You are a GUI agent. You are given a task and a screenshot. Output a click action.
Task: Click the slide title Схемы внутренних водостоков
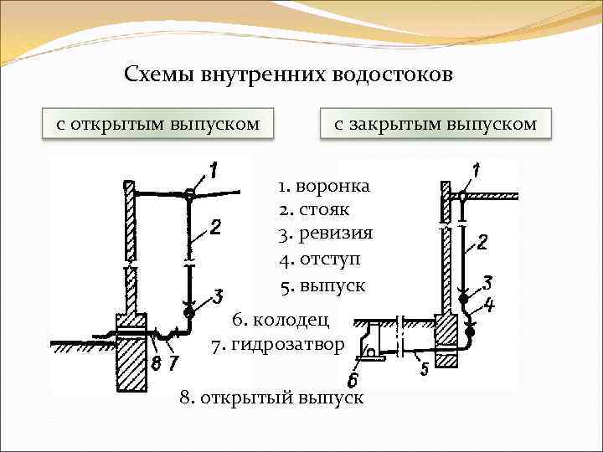[288, 74]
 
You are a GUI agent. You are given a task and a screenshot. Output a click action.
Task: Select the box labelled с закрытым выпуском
[435, 124]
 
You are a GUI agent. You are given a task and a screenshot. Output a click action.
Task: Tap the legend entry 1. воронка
[325, 185]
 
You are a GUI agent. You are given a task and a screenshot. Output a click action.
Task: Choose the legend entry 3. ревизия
[326, 234]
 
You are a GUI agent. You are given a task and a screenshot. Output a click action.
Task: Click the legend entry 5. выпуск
[323, 285]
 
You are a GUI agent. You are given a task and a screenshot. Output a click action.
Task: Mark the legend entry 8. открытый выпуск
[271, 397]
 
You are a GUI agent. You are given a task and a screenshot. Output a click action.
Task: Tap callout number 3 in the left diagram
[218, 295]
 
